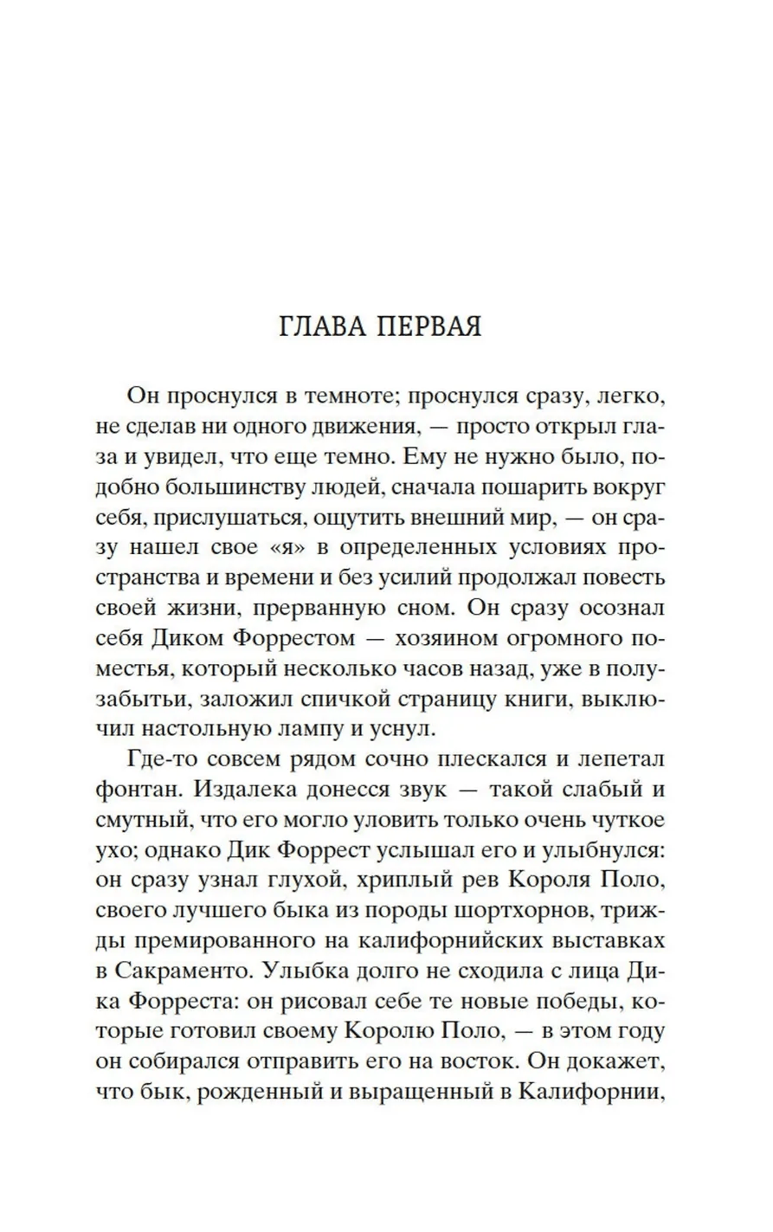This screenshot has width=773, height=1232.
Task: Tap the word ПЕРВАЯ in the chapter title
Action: point(427,327)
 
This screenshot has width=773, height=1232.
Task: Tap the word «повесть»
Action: point(621,577)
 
